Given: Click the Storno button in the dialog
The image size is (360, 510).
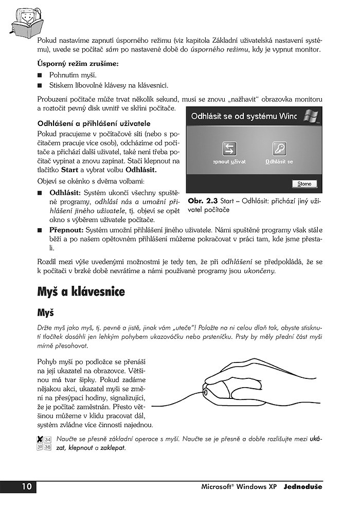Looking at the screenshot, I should pyautogui.click(x=304, y=184).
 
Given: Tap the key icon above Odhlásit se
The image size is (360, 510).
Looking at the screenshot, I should pyautogui.click(x=279, y=149).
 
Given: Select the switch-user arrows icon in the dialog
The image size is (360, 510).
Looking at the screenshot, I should pyautogui.click(x=229, y=149).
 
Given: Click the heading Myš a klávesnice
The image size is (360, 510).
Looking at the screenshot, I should pyautogui.click(x=81, y=292).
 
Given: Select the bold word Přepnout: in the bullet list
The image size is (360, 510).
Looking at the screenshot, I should pyautogui.click(x=66, y=230).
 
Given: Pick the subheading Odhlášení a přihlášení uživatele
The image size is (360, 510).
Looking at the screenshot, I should pyautogui.click(x=94, y=123).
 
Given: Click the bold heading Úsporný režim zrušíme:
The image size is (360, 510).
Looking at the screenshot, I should pyautogui.click(x=78, y=64).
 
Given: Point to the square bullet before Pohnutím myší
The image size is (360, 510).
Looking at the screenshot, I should pyautogui.click(x=40, y=76).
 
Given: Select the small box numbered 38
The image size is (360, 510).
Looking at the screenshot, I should pyautogui.click(x=47, y=447).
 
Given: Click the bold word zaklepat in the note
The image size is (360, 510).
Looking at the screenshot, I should pyautogui.click(x=113, y=447).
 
